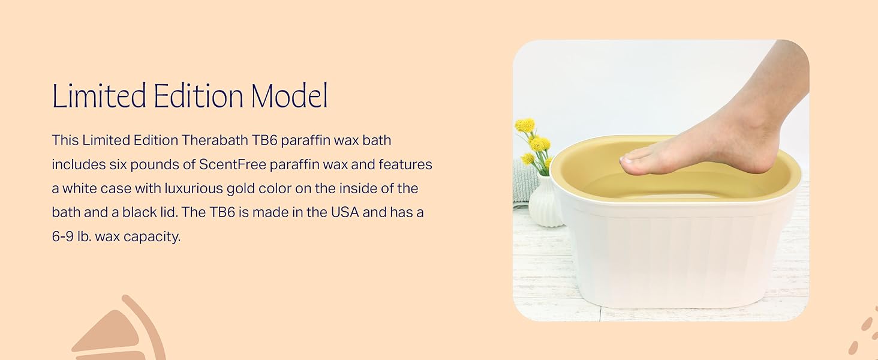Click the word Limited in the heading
99,95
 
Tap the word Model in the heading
289,95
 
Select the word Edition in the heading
199,95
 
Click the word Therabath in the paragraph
215,140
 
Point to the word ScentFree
233,164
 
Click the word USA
345,212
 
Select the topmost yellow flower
525,125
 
